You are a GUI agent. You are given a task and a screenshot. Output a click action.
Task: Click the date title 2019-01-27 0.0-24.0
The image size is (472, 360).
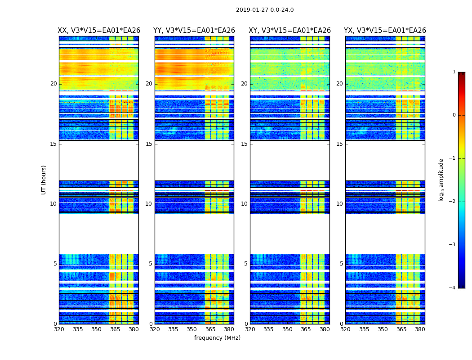pyautogui.click(x=265, y=10)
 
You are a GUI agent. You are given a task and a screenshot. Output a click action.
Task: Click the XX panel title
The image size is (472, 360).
pyautogui.click(x=99, y=31)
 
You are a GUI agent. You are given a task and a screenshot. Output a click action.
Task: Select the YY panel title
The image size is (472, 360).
pyautogui.click(x=194, y=31)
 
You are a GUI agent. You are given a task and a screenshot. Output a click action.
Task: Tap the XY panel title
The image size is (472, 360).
pyautogui.click(x=290, y=31)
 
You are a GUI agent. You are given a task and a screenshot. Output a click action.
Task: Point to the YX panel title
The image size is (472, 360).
pyautogui.click(x=385, y=31)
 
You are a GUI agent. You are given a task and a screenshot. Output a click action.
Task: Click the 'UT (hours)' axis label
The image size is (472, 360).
pyautogui.click(x=44, y=180)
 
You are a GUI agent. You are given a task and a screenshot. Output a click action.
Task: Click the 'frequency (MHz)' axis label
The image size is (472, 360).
pyautogui.click(x=217, y=338)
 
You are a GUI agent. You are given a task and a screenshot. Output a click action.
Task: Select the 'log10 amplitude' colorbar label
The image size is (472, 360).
pyautogui.click(x=441, y=180)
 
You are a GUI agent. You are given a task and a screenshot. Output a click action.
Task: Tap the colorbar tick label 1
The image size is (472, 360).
pyautogui.click(x=454, y=72)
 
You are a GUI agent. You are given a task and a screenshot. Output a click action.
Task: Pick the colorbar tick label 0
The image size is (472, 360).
pyautogui.click(x=454, y=115)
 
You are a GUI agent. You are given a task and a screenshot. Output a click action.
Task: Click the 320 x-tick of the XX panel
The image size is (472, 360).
pyautogui.click(x=59, y=329)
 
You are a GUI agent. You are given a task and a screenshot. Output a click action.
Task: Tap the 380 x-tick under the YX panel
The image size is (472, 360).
pyautogui.click(x=420, y=329)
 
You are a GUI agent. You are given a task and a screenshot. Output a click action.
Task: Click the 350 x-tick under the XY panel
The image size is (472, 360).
pyautogui.click(x=287, y=329)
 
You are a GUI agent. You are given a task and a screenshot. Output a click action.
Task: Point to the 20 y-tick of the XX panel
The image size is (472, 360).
pyautogui.click(x=53, y=84)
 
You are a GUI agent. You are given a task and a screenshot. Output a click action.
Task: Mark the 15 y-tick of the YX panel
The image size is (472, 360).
pyautogui.click(x=340, y=144)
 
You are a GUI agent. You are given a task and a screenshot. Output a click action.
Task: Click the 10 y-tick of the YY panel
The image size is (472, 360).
pyautogui.click(x=149, y=204)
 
